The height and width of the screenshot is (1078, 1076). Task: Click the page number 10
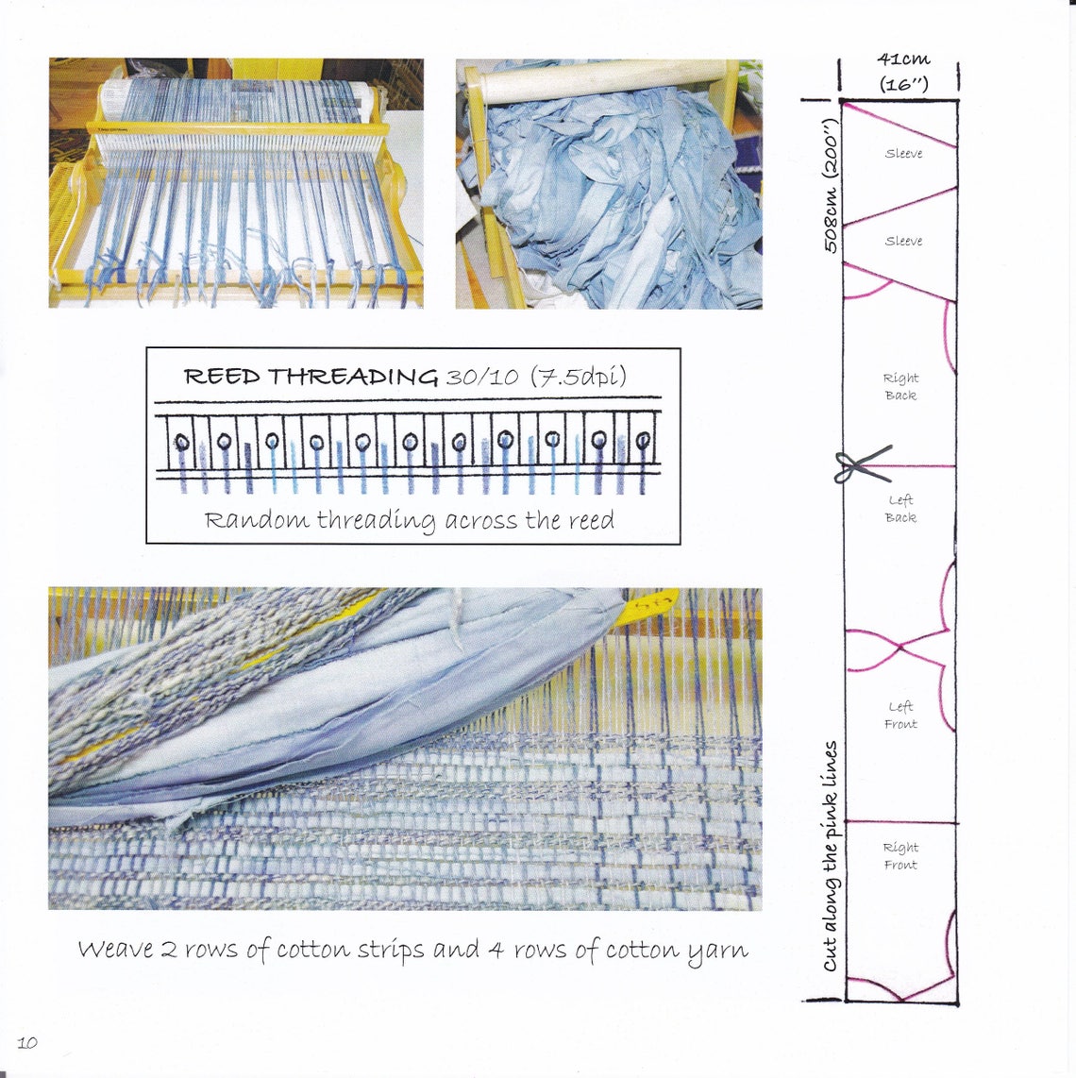point(27,1042)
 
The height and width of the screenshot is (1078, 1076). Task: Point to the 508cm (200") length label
point(831,186)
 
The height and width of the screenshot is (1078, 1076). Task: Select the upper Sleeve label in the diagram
point(903,154)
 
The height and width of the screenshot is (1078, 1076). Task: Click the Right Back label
point(900,386)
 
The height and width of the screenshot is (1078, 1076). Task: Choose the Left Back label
point(900,509)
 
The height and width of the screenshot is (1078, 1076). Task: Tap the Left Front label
point(900,715)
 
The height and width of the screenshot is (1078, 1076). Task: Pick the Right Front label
point(900,855)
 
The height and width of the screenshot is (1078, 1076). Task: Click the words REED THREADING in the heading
point(311,377)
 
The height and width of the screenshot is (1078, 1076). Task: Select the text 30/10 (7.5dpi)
point(535,377)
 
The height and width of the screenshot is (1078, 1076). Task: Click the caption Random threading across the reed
point(410,520)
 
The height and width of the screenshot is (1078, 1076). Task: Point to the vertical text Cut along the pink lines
point(831,855)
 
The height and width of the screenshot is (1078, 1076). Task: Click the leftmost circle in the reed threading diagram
point(183,442)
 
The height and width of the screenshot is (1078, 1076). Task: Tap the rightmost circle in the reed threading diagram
point(644,440)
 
